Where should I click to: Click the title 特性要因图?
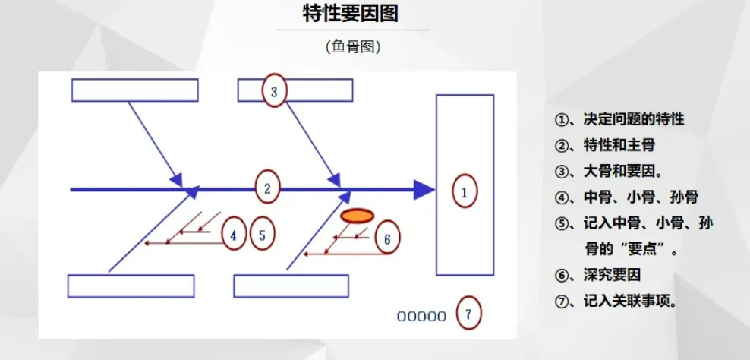click(x=351, y=14)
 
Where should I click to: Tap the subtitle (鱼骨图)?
click(x=353, y=46)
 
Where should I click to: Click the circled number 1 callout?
click(x=465, y=191)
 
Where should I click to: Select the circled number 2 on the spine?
click(x=267, y=188)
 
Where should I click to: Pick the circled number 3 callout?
click(x=274, y=90)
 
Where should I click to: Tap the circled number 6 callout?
click(x=387, y=238)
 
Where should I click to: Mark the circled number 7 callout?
click(x=469, y=314)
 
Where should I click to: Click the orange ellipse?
click(x=357, y=216)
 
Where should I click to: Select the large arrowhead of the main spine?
click(x=424, y=190)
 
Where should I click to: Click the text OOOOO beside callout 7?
click(x=421, y=316)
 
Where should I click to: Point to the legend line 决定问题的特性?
click(x=619, y=118)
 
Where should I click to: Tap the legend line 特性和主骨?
click(x=604, y=144)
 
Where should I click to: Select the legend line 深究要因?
click(x=597, y=274)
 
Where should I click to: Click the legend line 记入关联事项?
click(x=616, y=301)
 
